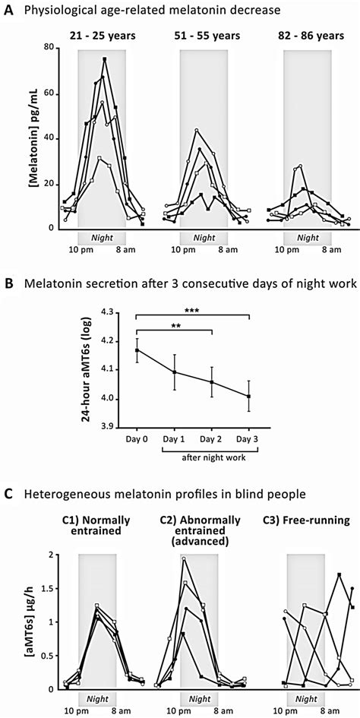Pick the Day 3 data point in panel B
click(248, 396)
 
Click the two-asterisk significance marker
click(174, 327)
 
